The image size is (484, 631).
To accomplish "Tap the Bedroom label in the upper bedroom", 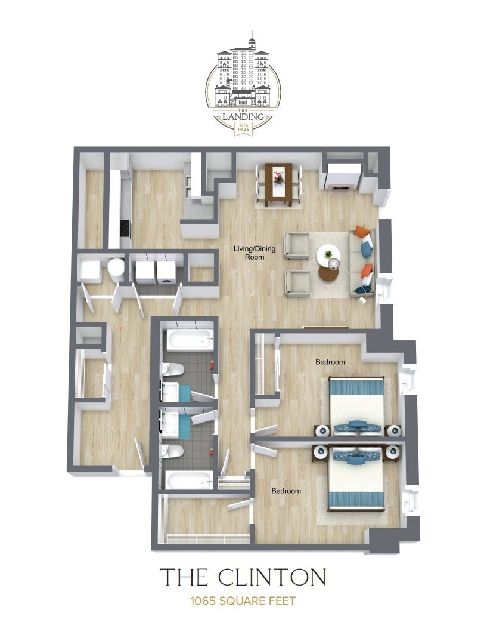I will (330, 362).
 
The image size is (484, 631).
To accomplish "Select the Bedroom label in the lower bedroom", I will (286, 491).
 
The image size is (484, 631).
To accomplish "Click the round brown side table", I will (328, 273).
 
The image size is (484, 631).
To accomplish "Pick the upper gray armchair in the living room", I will (296, 245).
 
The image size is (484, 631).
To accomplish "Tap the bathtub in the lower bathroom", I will (189, 480).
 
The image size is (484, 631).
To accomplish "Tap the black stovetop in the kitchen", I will (125, 227).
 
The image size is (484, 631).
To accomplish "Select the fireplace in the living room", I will (343, 177).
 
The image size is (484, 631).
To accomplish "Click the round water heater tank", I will (116, 270).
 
